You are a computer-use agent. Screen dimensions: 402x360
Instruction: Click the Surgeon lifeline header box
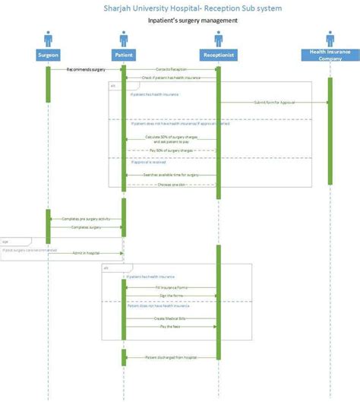[47, 55]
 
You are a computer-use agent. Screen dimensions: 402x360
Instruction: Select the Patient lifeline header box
[123, 55]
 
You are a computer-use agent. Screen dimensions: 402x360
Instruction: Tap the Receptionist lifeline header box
[219, 55]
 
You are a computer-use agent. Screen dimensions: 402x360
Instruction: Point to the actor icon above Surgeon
[47, 38]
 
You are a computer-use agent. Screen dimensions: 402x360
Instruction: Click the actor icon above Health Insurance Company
[330, 38]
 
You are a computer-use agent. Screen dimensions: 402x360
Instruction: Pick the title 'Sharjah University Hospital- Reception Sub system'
[192, 8]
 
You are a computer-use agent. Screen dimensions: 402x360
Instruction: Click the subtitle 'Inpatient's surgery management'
[192, 21]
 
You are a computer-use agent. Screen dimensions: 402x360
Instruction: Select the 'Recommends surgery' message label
[86, 69]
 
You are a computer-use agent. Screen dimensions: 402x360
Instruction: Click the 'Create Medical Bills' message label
[170, 318]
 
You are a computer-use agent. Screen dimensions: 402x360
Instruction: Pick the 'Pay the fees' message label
[170, 327]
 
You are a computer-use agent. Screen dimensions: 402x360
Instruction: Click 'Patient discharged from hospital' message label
[170, 356]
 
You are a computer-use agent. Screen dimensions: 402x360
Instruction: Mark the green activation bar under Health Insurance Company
[330, 129]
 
